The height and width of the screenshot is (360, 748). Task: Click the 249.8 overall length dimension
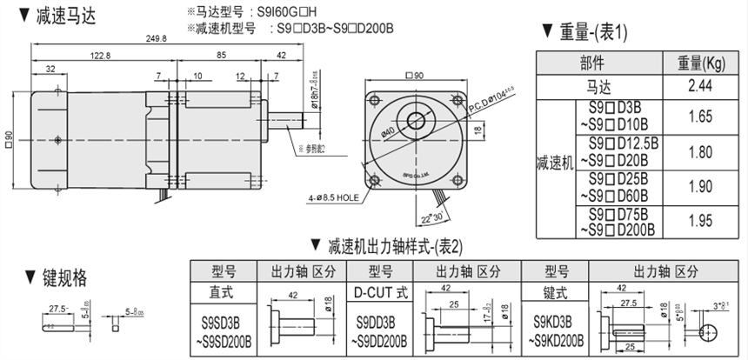point(158,38)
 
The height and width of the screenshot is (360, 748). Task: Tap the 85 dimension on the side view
point(223,56)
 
